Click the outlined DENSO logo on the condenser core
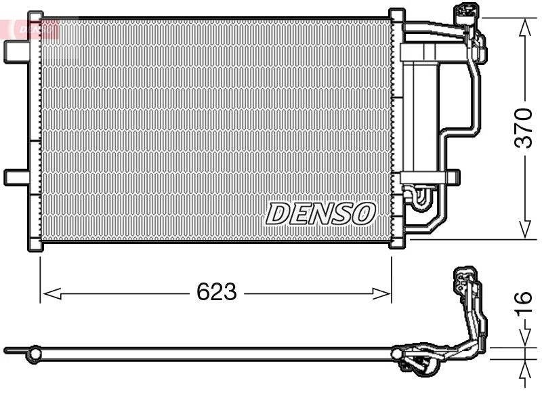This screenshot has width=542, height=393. pos(320,213)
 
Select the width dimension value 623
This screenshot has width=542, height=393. pos(216,292)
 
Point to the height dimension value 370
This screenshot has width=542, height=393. pos(523,127)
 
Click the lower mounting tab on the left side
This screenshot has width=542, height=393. pos(16,177)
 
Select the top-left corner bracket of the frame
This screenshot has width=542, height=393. pos(35,18)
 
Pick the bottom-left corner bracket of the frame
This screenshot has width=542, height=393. pos(35,245)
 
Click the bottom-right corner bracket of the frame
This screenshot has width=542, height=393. pos(397,243)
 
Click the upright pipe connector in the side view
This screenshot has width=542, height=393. pos(467,291)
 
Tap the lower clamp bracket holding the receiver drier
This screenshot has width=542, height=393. pos(427,178)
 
